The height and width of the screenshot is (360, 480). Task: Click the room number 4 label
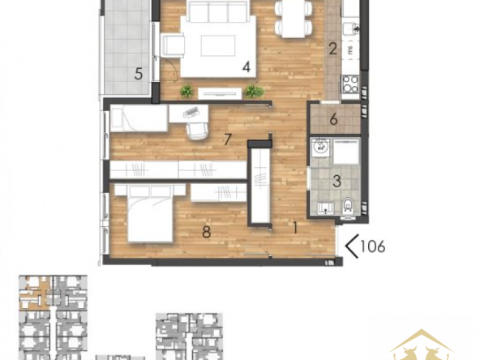coord(246,67)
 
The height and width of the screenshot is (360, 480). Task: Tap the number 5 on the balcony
coord(139,74)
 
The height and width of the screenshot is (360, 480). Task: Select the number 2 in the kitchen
coord(332,49)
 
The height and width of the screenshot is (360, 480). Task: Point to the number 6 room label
coord(333,119)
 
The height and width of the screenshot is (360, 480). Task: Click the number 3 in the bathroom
coord(336,181)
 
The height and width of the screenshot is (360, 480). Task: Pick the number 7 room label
coord(227,139)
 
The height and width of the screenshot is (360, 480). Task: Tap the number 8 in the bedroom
coord(207,232)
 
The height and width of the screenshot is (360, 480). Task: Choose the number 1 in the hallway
coord(295,228)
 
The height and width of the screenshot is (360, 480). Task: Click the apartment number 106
coord(372,246)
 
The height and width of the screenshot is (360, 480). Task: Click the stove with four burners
coord(350,84)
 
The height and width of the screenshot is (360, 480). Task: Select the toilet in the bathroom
coord(348,205)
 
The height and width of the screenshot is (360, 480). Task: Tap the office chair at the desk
coord(196,131)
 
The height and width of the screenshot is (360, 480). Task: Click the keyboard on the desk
coord(191,112)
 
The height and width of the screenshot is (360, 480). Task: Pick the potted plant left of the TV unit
coord(186,92)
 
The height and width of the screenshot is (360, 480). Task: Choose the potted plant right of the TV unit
coord(254,92)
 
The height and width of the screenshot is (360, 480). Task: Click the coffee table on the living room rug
coord(218,45)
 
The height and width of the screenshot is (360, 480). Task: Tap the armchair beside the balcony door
coord(174,45)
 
